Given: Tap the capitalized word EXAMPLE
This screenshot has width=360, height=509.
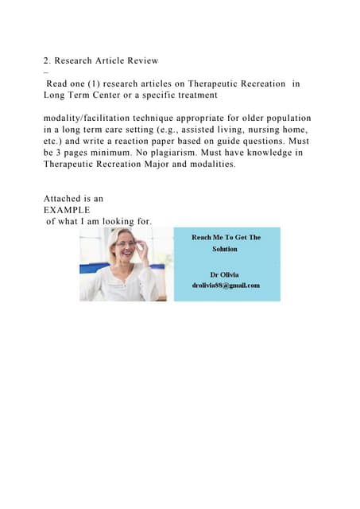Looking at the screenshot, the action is point(67,210).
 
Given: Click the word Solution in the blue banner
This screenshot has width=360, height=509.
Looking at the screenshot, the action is point(225,248).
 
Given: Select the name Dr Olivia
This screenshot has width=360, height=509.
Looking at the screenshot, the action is point(225,274).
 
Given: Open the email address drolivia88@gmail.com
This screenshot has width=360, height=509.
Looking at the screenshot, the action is point(225,286).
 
